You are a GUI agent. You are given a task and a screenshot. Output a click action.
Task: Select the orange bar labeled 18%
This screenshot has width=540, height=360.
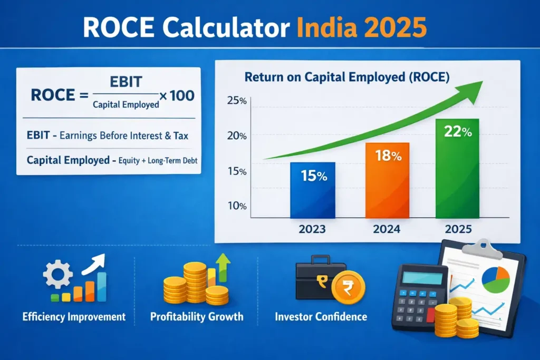[x=387, y=180]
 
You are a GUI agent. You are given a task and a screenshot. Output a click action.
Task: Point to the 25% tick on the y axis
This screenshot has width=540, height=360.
[x=237, y=101]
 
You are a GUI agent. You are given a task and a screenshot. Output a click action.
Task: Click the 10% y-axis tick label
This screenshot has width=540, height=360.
[x=237, y=206]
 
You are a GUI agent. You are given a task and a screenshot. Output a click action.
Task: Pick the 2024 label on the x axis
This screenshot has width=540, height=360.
[x=387, y=230]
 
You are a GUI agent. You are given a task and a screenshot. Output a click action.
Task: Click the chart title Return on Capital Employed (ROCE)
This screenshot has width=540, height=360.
[x=347, y=77]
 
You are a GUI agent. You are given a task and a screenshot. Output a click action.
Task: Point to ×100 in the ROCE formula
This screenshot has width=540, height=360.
[x=177, y=95]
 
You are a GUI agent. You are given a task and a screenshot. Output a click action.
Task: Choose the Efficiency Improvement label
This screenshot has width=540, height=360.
[x=74, y=317]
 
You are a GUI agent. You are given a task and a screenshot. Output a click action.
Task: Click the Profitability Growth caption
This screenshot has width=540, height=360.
[x=197, y=317]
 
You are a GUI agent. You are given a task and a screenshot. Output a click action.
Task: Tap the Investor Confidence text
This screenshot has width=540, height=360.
[x=321, y=317]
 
